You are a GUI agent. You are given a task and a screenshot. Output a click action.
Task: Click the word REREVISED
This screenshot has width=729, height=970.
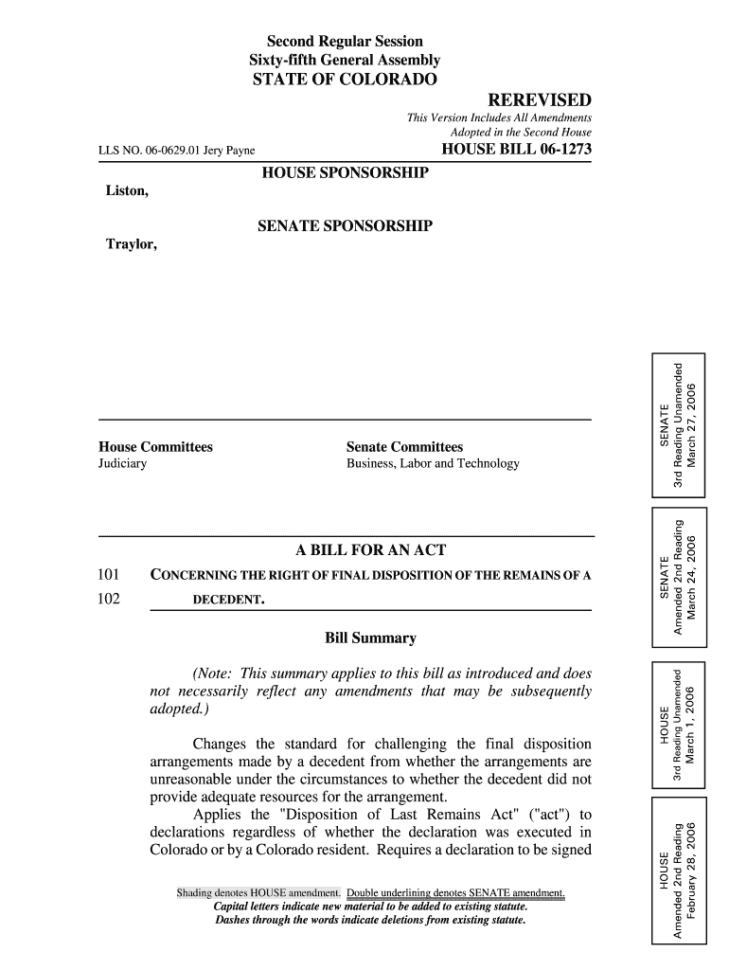pyautogui.click(x=539, y=100)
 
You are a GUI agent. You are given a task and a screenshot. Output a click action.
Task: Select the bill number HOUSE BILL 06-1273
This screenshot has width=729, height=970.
pyautogui.click(x=516, y=150)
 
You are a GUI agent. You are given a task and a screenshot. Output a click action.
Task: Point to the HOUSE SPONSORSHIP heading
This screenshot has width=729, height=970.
pyautogui.click(x=345, y=172)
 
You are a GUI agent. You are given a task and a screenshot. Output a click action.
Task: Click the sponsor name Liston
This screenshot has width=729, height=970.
pyautogui.click(x=127, y=191)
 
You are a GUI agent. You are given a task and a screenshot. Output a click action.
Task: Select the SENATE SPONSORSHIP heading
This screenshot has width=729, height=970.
pyautogui.click(x=345, y=226)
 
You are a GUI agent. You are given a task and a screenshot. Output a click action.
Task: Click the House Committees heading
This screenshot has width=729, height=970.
pyautogui.click(x=155, y=446)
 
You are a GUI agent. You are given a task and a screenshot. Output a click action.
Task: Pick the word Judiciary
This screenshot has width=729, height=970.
pyautogui.click(x=122, y=464)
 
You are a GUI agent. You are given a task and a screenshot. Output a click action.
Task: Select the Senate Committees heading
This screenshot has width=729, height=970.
pyautogui.click(x=404, y=446)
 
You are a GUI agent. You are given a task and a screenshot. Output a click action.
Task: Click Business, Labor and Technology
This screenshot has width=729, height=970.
pyautogui.click(x=433, y=464)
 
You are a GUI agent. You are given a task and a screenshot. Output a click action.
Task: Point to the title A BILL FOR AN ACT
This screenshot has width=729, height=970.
pyautogui.click(x=371, y=550)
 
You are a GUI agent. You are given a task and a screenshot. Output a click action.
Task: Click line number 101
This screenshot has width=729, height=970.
pyautogui.click(x=109, y=575)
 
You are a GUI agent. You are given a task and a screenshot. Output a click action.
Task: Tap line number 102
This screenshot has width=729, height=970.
pyautogui.click(x=109, y=600)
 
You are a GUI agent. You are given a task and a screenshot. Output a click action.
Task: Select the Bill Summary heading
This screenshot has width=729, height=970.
pyautogui.click(x=370, y=638)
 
